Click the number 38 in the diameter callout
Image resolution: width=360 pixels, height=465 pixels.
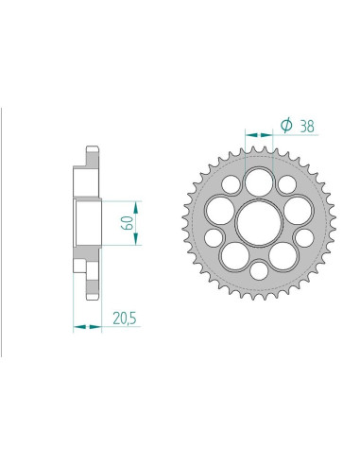[x=307, y=124]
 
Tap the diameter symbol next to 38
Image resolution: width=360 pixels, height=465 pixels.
[x=284, y=124]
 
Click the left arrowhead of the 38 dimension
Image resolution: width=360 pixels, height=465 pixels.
[x=248, y=133]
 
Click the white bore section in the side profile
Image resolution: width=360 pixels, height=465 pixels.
[x=88, y=223]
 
